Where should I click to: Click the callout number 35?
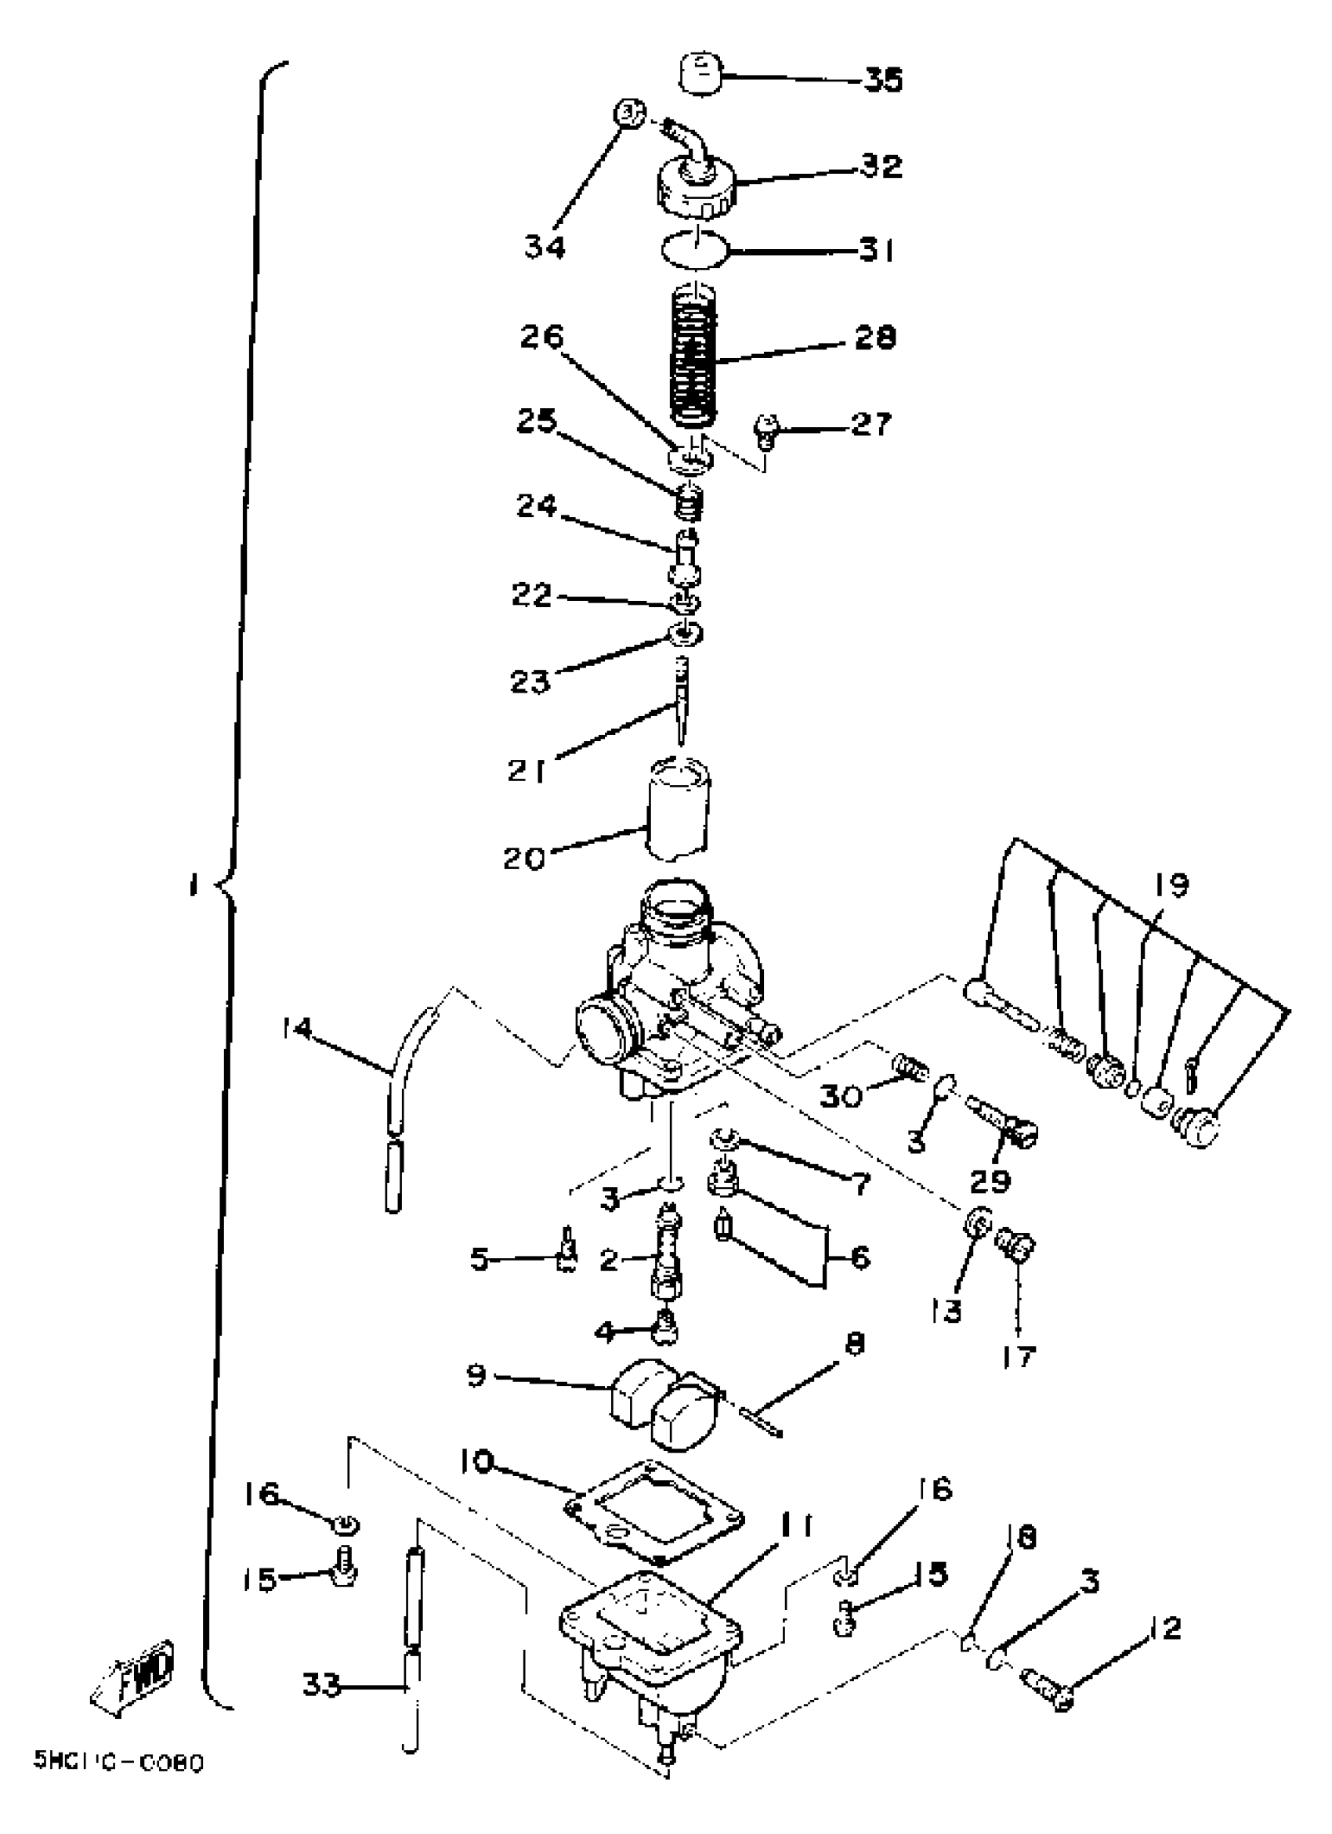883,80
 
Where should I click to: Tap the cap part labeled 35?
700,74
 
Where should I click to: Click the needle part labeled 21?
681,703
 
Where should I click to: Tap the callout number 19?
1171,886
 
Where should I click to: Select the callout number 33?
322,1687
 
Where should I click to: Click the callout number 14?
297,1029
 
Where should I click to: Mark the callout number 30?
840,1098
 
